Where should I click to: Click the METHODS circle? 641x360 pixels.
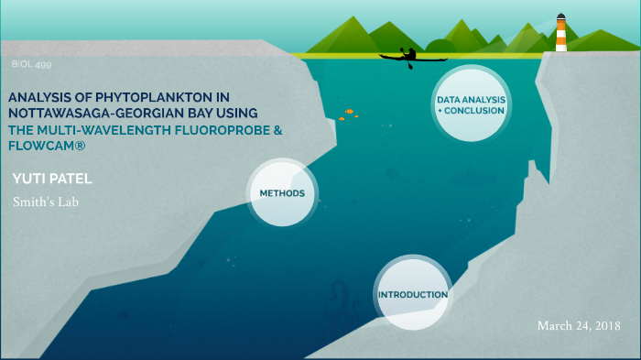(x=283, y=192)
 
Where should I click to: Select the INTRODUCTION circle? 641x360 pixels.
(x=413, y=294)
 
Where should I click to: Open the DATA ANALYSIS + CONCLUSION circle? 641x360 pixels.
(x=471, y=104)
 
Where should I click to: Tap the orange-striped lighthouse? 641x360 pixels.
(x=560, y=34)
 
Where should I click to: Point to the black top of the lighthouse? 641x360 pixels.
(x=560, y=15)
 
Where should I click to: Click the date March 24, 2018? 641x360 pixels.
(x=579, y=325)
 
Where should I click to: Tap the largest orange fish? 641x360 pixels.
(x=349, y=111)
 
